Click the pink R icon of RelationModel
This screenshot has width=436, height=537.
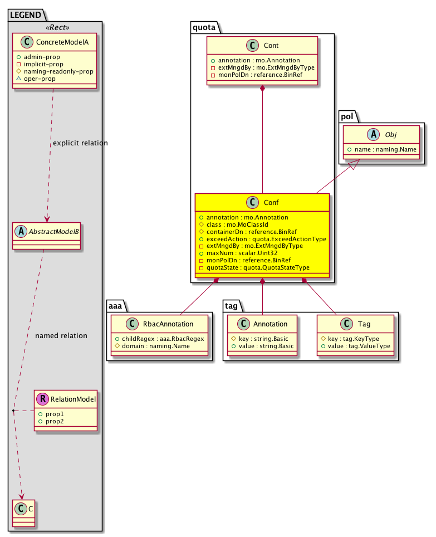coord(43,399)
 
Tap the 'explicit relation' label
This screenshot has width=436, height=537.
coord(80,143)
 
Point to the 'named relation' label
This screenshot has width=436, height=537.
coord(61,336)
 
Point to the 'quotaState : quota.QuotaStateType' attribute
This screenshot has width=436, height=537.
coord(258,267)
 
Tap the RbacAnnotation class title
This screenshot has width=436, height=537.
coord(165,324)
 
